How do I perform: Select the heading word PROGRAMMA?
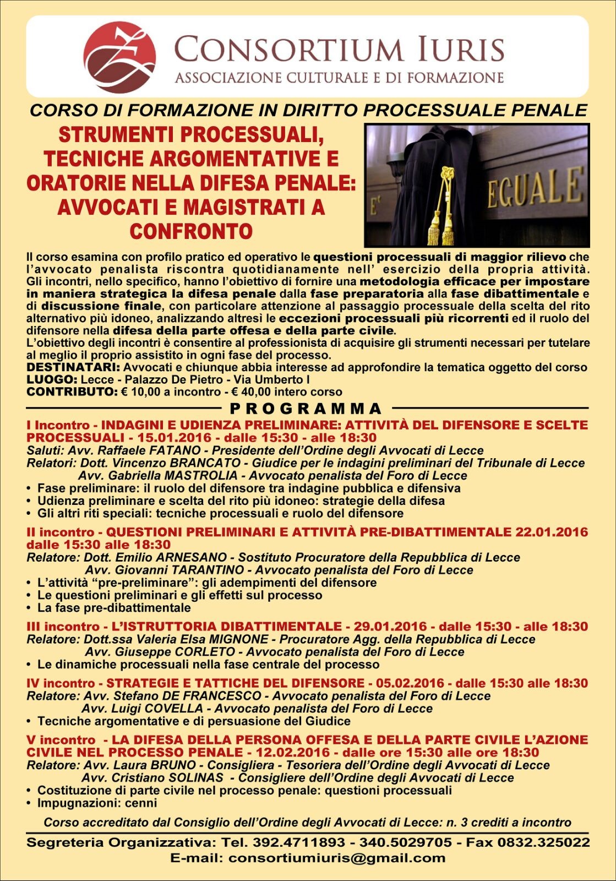click(306, 409)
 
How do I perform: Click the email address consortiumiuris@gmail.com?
click(337, 858)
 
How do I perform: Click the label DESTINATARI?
click(73, 367)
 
